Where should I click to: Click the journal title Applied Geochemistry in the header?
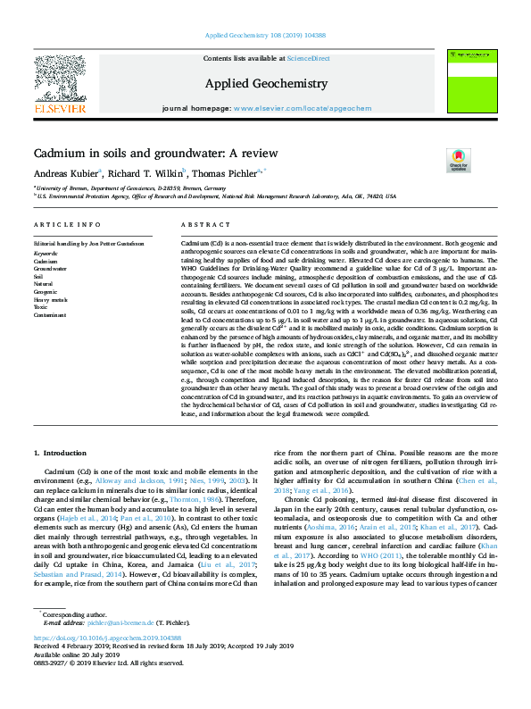click(x=267, y=83)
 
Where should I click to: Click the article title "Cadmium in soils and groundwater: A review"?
click(x=155, y=154)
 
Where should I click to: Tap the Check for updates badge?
click(x=459, y=159)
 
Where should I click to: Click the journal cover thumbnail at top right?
click(x=471, y=79)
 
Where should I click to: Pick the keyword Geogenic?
click(x=46, y=292)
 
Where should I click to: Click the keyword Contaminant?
click(x=50, y=315)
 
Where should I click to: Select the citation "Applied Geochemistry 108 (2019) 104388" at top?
click(x=266, y=36)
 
